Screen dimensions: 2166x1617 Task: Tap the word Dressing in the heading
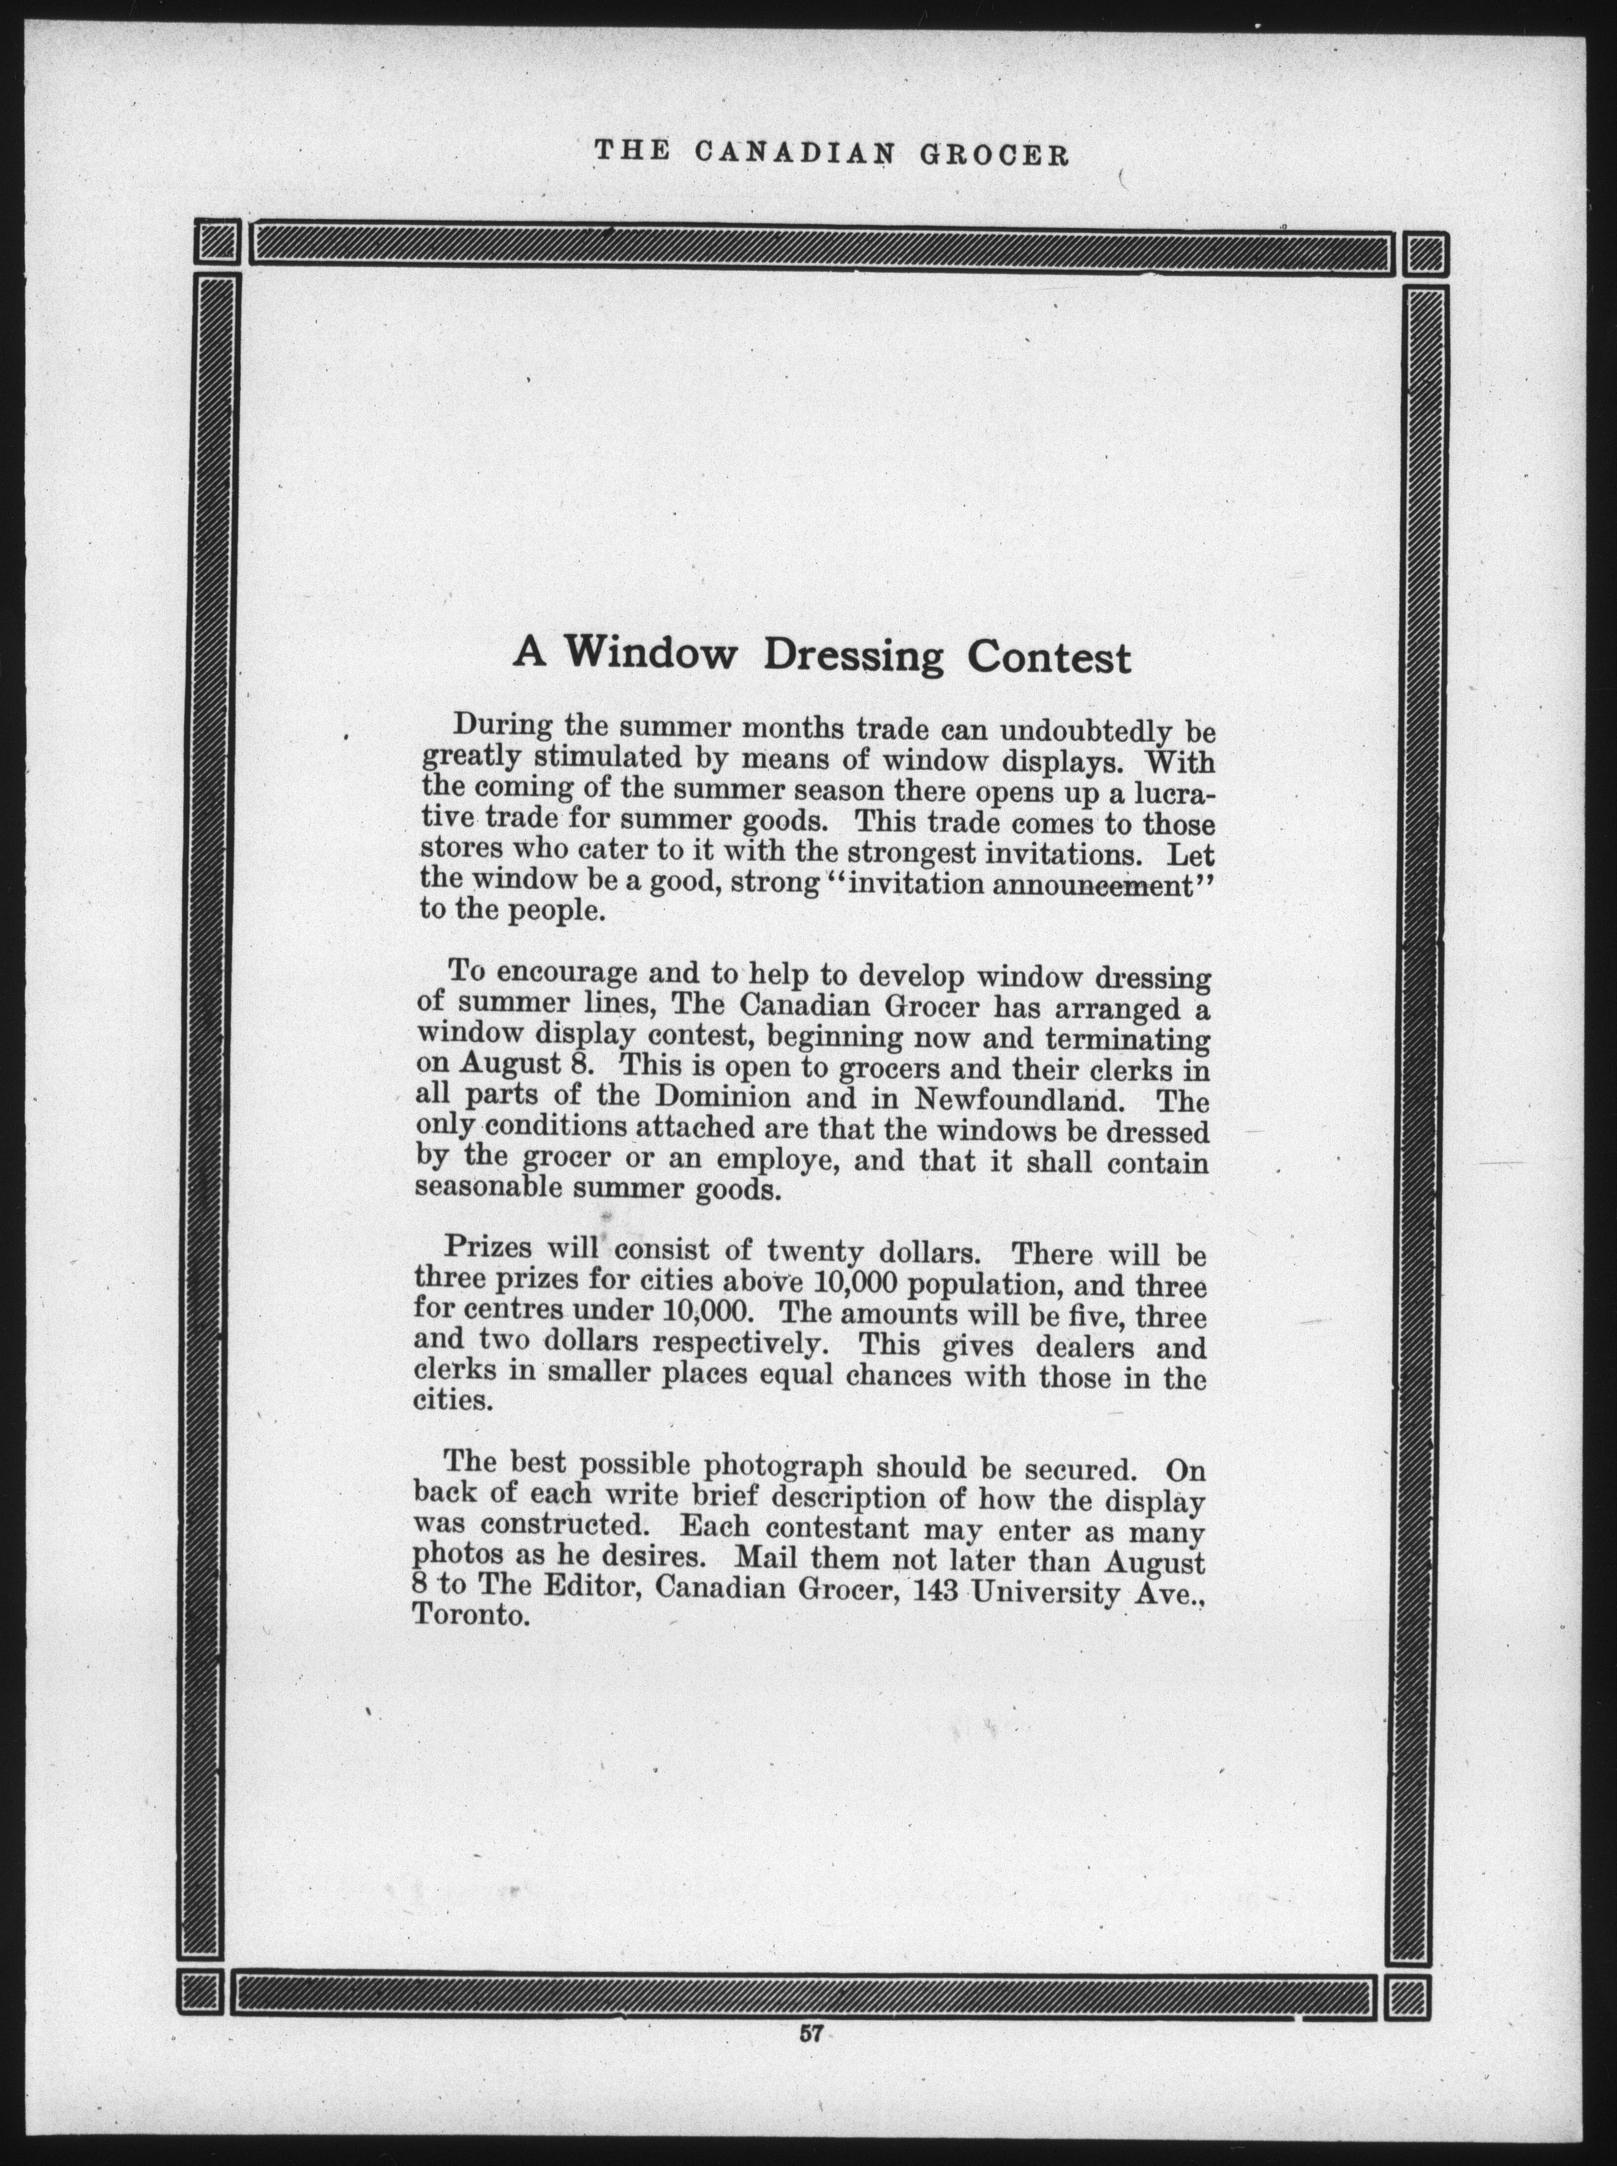(x=851, y=656)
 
